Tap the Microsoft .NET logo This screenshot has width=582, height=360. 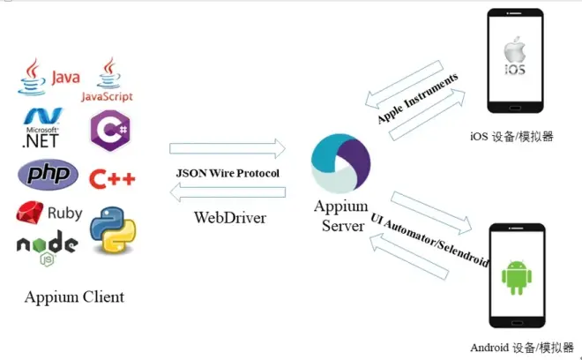[41, 127]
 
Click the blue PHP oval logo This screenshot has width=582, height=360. [48, 175]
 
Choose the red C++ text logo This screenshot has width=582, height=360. [113, 179]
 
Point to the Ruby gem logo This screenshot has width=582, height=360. [49, 213]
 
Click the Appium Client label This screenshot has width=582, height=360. [74, 296]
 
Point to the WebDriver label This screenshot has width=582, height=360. [229, 217]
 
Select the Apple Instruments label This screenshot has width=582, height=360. [418, 98]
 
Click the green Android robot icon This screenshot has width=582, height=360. [517, 275]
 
